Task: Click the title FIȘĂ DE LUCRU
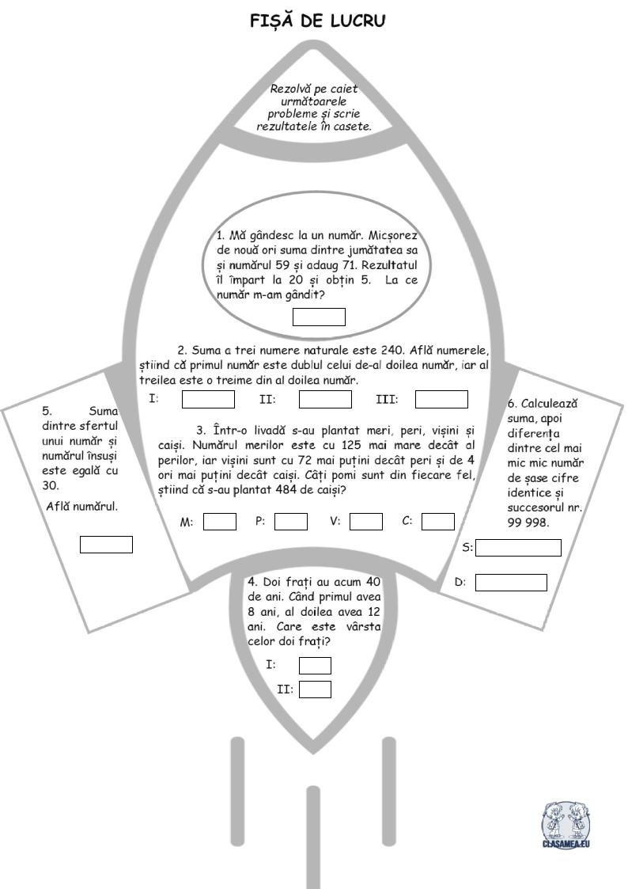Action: pos(318,21)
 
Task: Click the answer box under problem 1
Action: pos(319,317)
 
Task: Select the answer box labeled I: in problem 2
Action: pos(208,399)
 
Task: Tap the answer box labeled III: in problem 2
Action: pos(441,399)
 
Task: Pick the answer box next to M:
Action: pos(220,522)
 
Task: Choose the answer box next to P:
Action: pos(291,522)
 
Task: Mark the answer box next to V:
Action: pos(366,522)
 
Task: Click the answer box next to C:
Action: pos(438,522)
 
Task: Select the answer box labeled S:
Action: pos(518,548)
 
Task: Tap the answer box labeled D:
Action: pos(511,583)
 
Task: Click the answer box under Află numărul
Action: pos(107,545)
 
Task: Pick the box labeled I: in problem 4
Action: pos(315,665)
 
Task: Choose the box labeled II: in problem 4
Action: pos(315,690)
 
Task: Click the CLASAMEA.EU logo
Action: pos(566,825)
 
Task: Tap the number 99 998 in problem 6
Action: pos(528,522)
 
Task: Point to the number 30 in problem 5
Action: pos(50,486)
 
